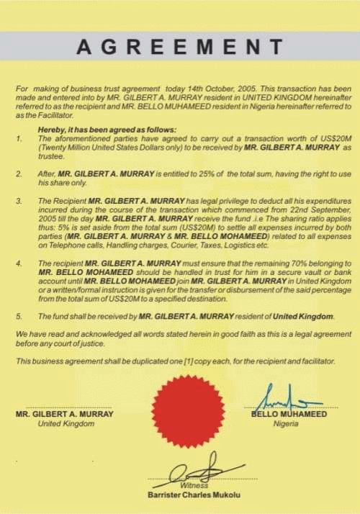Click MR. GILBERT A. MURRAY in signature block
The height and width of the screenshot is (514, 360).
[x=65, y=414]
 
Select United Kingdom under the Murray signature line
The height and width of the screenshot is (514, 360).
[x=66, y=423]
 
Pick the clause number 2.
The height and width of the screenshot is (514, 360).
[x=19, y=173]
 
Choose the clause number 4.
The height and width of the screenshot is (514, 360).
[x=19, y=264]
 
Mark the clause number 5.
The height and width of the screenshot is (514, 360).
[x=19, y=316]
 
